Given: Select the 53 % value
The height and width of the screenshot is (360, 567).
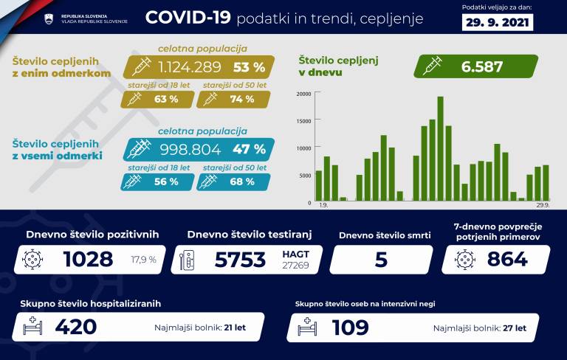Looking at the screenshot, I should point(249,67).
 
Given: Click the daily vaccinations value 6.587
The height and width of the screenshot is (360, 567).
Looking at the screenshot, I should point(482,66).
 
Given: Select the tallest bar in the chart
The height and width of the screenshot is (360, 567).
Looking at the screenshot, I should point(441,148).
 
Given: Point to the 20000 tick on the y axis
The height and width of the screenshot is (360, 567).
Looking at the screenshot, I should point(303,94).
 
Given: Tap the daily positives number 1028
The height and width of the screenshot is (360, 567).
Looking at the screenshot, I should point(88,259).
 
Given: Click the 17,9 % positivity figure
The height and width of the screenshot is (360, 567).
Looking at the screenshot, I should point(143,260).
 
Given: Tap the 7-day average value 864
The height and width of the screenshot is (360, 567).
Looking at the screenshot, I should point(507,259).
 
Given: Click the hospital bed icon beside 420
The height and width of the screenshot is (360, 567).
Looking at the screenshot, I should point(31,326).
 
